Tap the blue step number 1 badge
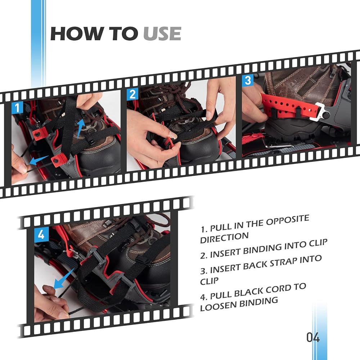click(x=17, y=108)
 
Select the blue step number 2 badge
click(x=133, y=94)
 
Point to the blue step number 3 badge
click(x=248, y=80)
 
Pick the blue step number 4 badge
click(x=41, y=235)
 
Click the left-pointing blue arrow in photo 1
click(x=39, y=160)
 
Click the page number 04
click(x=313, y=337)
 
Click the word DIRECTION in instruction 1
click(x=224, y=238)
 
